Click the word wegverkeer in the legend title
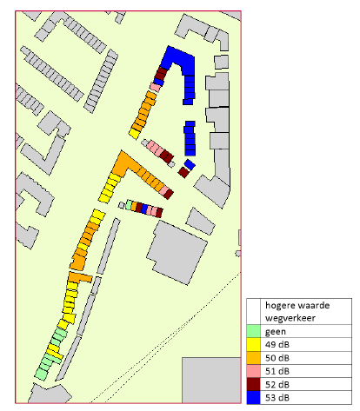[290, 317]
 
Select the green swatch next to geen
[253, 330]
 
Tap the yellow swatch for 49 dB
[253, 343]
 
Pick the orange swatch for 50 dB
[253, 356]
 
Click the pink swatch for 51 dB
[253, 370]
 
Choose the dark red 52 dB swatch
[253, 383]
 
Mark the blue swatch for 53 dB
[253, 396]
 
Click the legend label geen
[276, 330]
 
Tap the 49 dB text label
[278, 343]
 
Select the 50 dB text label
[278, 356]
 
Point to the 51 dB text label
[278, 370]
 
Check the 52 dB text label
[278, 383]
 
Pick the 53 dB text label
[278, 396]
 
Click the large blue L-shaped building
[178, 61]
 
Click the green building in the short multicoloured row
[129, 205]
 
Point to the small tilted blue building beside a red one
[190, 163]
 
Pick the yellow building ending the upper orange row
[135, 131]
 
